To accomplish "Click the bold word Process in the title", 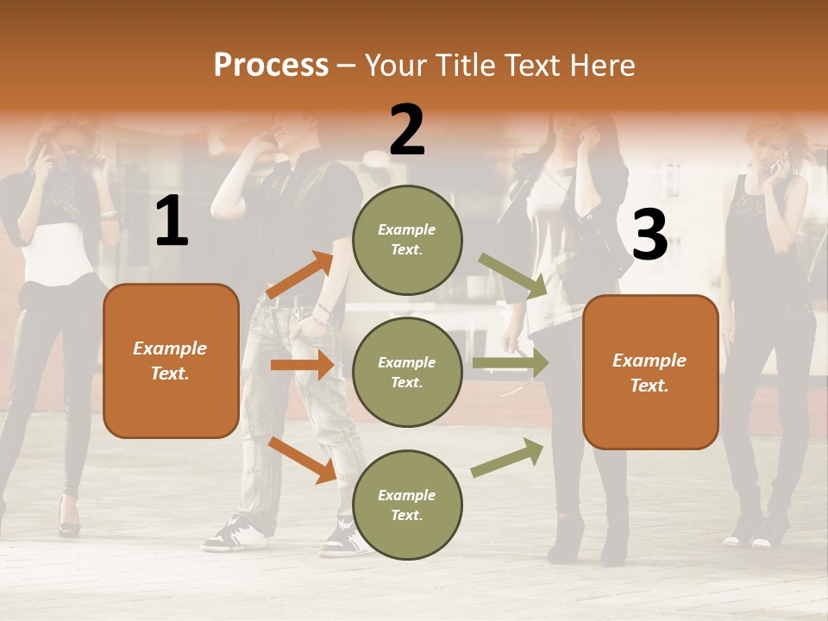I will coord(271,65).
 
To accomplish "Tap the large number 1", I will coord(172,222).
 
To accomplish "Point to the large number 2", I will coord(407,130).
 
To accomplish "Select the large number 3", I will coord(649,235).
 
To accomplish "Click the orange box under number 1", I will coord(171,361).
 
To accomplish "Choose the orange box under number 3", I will coord(650,372).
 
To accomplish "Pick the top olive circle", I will coord(407,240).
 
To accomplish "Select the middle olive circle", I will coord(407,372).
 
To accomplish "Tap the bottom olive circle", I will coord(407,505).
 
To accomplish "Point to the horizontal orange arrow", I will coord(301,365).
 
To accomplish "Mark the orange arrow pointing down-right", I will coord(302,460).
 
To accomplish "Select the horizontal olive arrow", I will coord(510,363).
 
